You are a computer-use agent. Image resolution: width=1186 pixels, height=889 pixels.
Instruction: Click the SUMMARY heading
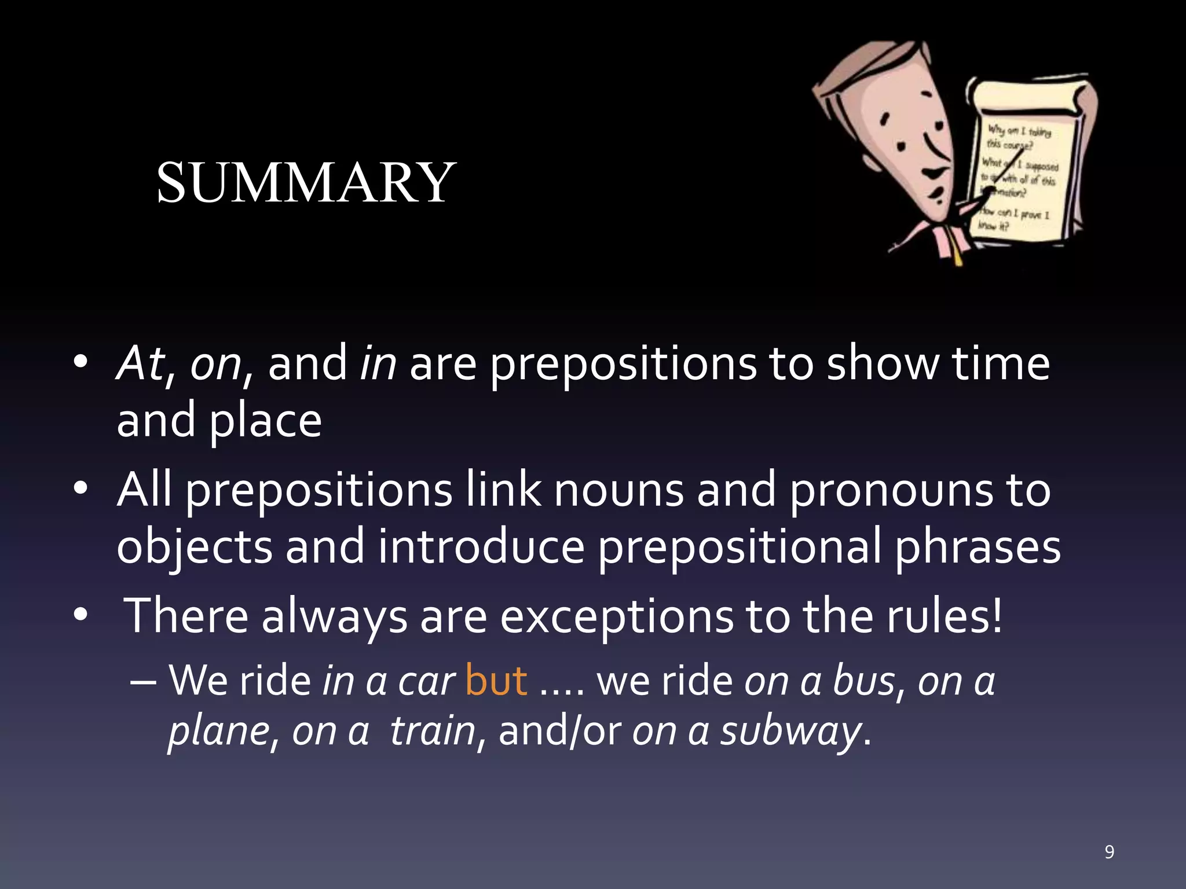pyautogui.click(x=306, y=183)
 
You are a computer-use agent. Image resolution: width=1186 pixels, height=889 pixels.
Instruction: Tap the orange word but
pyautogui.click(x=496, y=681)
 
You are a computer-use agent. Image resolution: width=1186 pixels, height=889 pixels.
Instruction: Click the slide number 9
pyautogui.click(x=1109, y=852)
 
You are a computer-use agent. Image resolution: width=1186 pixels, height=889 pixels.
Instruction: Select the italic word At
pyautogui.click(x=141, y=363)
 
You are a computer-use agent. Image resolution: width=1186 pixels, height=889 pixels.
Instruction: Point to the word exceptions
pyautogui.click(x=616, y=617)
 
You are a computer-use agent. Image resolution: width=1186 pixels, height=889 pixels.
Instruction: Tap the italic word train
pyautogui.click(x=432, y=730)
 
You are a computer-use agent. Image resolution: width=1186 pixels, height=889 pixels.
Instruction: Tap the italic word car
pyautogui.click(x=426, y=682)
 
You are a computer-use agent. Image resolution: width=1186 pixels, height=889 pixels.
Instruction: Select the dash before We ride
pyautogui.click(x=143, y=682)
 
